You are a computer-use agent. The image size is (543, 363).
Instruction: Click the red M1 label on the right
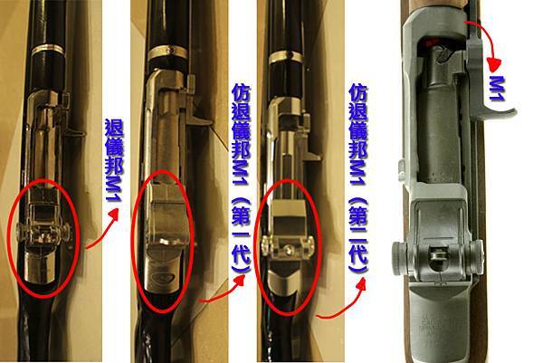pos(496,90)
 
